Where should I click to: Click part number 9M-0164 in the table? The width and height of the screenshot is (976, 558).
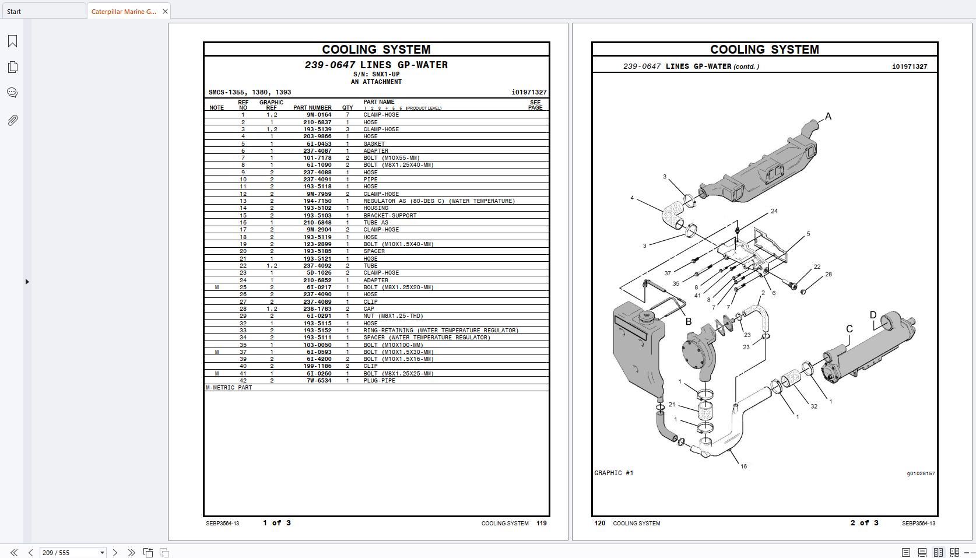coord(319,115)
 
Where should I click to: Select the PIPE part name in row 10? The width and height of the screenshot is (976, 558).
coord(370,180)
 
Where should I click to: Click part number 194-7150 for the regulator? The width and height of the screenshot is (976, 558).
coord(317,201)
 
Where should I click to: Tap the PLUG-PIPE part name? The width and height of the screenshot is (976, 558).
coord(379,381)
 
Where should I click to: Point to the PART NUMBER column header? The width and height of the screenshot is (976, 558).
coord(313,108)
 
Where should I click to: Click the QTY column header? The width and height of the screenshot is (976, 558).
coord(347,108)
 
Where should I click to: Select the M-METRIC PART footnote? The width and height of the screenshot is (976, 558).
coord(229,388)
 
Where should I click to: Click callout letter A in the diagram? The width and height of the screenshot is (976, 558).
coord(828,116)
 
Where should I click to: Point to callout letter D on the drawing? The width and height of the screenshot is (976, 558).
coord(873,315)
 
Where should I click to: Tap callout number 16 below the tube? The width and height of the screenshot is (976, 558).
coord(744,466)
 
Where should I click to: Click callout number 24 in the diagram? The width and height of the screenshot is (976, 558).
coord(774,211)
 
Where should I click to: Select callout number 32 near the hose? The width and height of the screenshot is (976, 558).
coord(814,406)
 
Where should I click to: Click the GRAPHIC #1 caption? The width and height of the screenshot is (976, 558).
coord(614,473)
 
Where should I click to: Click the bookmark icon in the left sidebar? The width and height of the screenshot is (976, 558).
coord(13,41)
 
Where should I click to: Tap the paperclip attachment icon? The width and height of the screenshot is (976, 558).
coord(13,120)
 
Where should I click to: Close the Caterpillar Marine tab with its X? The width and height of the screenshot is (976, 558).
coord(165,12)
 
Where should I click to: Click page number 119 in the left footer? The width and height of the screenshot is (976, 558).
coord(542,523)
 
